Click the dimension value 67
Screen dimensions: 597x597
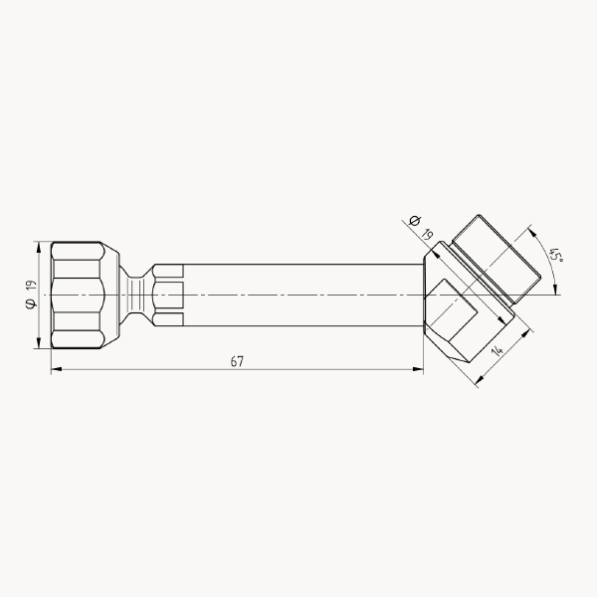[x=237, y=361]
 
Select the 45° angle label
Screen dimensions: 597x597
[x=556, y=255]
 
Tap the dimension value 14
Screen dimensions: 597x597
[x=497, y=349]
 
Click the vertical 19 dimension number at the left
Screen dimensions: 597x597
[x=31, y=286]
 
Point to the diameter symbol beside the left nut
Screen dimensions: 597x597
[x=31, y=303]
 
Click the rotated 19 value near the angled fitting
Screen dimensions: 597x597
[x=427, y=234]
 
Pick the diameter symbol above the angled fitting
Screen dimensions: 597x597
[x=415, y=221]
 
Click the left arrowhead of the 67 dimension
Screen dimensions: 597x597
[x=57, y=369]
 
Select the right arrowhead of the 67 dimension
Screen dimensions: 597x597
[x=418, y=369]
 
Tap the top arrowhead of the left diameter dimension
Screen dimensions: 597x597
[x=38, y=247]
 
